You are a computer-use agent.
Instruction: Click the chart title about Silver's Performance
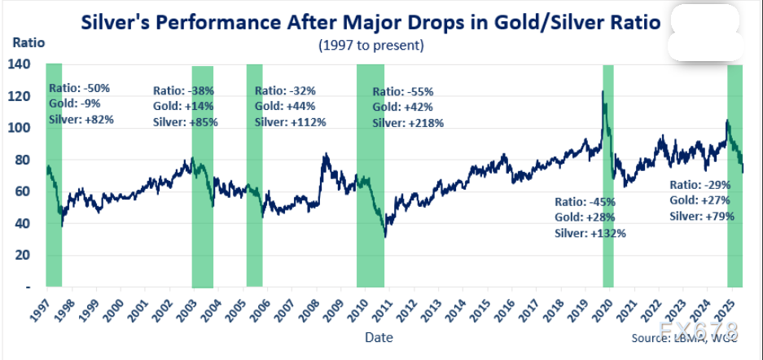(x=370, y=22)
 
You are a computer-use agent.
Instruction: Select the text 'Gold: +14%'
(x=182, y=106)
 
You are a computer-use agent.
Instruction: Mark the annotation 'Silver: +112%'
(x=291, y=122)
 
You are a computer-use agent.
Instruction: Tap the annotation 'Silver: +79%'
(x=702, y=217)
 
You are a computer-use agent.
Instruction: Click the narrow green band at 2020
(x=607, y=175)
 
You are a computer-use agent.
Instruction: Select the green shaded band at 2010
(x=371, y=175)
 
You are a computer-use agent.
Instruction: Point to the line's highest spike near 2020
(x=603, y=92)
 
